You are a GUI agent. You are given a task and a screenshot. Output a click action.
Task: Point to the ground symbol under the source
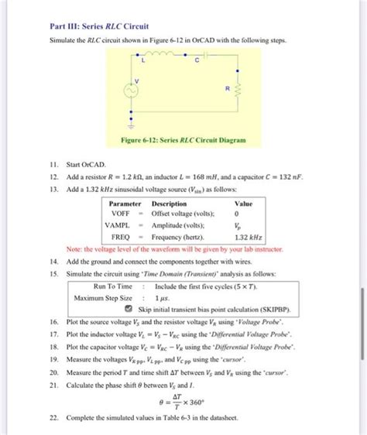131,124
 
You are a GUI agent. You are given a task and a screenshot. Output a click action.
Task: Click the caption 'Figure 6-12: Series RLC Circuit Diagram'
183,141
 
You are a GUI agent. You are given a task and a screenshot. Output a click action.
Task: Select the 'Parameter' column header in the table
125,204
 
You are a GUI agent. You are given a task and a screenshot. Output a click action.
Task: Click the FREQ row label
120,237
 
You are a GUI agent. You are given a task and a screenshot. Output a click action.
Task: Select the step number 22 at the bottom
53,417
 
